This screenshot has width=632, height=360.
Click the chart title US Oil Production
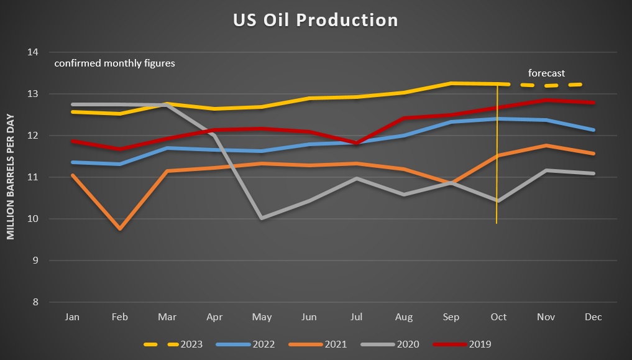coord(315,20)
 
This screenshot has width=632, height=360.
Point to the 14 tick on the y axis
coord(34,52)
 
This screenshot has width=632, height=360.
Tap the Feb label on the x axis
coord(120,317)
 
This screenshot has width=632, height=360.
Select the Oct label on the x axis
coord(498,317)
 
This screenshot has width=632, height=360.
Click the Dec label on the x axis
coord(593,317)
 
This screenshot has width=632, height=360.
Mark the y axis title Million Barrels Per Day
coord(11,177)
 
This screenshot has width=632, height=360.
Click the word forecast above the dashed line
coord(546,73)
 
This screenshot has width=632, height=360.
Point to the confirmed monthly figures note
coord(114,63)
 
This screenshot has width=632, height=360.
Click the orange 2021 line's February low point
coord(120,229)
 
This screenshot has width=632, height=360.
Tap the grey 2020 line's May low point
coord(262,218)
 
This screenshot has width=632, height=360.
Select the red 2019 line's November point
coord(546,100)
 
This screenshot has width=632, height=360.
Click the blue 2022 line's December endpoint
coord(593,130)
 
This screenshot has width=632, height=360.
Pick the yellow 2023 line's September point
coord(451,83)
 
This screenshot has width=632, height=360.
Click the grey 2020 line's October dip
coord(498,201)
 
